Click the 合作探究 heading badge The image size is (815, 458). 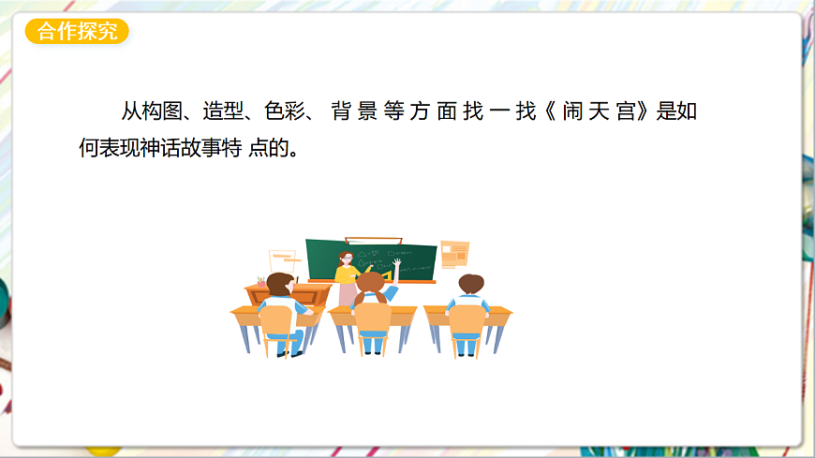(77, 32)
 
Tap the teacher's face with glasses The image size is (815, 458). (347, 258)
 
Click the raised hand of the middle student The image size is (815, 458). (397, 265)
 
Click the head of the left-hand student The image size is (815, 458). (278, 283)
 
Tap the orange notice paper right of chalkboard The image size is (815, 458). (454, 253)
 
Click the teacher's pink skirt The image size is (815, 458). (348, 293)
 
